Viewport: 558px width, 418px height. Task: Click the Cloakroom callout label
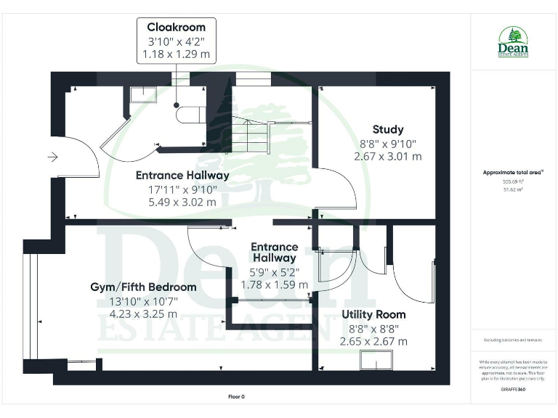tap(177, 28)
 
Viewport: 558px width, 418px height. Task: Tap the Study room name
tap(388, 130)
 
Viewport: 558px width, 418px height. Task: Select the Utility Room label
tap(373, 315)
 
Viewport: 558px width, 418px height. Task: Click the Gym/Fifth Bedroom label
tap(143, 287)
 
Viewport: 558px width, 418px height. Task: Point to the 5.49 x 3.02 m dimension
tap(182, 202)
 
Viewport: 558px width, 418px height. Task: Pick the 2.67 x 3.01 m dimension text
tap(388, 157)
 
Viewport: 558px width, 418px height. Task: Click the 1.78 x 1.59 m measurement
tap(275, 284)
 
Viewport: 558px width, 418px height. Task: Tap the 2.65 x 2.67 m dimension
tap(373, 341)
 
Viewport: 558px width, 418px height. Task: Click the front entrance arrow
tap(53, 156)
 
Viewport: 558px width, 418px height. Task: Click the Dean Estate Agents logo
tap(513, 42)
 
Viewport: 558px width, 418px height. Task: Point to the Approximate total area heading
tap(513, 173)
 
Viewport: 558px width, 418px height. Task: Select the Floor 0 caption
tap(236, 396)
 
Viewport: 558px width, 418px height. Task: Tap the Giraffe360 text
tap(513, 390)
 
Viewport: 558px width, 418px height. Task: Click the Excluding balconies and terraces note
tap(513, 340)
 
